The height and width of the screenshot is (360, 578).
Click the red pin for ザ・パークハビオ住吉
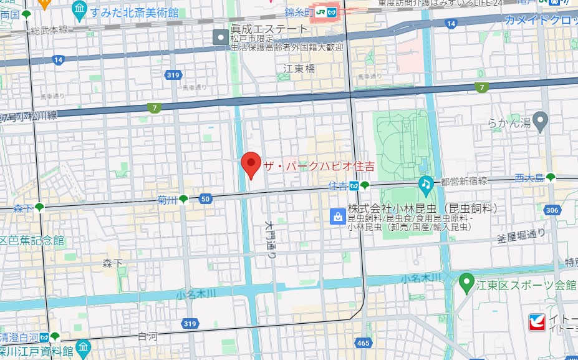pos(251,164)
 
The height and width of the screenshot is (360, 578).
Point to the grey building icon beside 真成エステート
pos(221,37)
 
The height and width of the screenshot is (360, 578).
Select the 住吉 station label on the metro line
pos(337,186)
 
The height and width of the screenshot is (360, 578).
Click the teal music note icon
pos(426,183)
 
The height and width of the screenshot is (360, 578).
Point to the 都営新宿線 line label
pos(463,181)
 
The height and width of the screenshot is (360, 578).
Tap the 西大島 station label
pos(529,178)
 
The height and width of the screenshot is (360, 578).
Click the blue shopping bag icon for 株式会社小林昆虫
pos(337,216)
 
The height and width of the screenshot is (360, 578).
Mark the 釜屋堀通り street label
pos(521,235)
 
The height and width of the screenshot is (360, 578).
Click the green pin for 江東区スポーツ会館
pos(466,284)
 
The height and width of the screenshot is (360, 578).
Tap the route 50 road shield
pos(205,199)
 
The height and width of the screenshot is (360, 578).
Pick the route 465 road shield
pos(363,344)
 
